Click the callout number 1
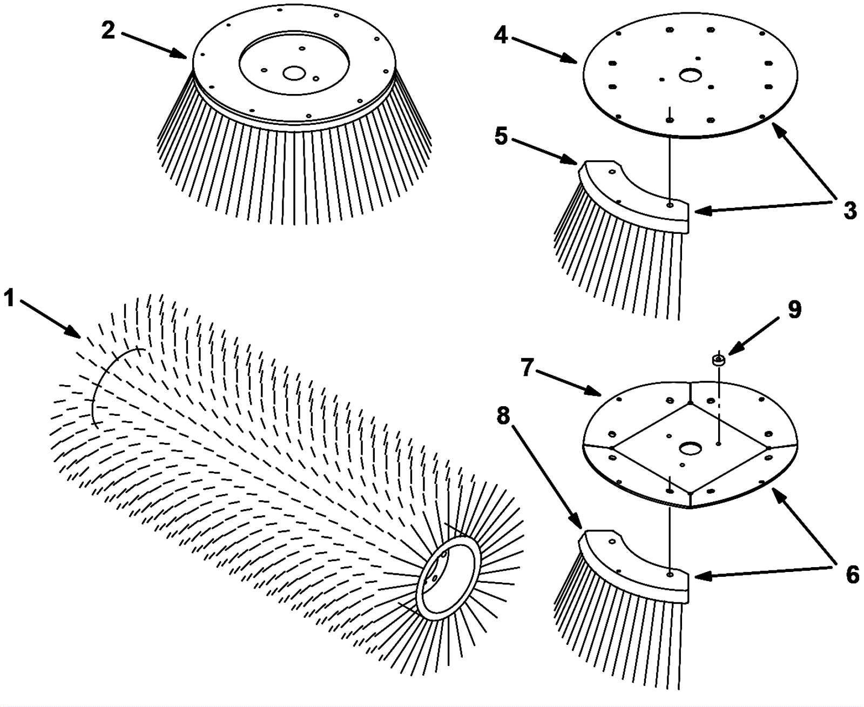point(9,298)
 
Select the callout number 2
point(109,31)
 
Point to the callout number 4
point(501,36)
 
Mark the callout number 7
point(528,368)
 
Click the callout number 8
point(503,416)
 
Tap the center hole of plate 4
point(690,75)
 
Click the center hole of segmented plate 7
point(690,448)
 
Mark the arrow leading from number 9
point(753,336)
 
